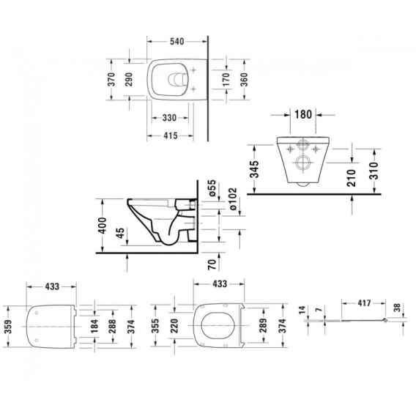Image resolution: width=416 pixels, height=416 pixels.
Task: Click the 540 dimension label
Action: pyautogui.click(x=177, y=42)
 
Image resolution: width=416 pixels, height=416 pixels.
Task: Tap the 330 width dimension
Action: pyautogui.click(x=169, y=118)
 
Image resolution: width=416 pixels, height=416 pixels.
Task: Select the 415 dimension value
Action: pyautogui.click(x=171, y=135)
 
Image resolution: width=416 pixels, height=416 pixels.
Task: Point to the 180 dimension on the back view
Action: pyautogui.click(x=303, y=114)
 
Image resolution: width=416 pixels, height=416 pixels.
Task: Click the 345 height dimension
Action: pyautogui.click(x=254, y=169)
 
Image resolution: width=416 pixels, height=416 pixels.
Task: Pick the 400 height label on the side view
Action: pyautogui.click(x=102, y=226)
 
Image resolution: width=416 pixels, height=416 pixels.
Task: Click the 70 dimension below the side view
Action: pyautogui.click(x=212, y=264)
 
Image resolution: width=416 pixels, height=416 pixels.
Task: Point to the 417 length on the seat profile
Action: pyautogui.click(x=364, y=303)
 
